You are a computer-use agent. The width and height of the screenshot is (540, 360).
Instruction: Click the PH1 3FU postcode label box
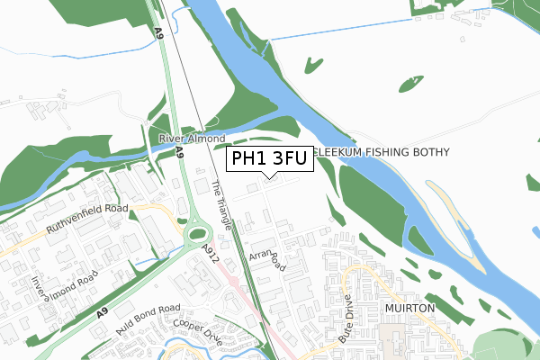click(267, 160)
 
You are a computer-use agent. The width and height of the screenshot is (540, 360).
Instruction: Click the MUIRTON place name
click(410, 308)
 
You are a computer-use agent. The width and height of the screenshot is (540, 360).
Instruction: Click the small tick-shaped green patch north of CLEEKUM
click(312, 65)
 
